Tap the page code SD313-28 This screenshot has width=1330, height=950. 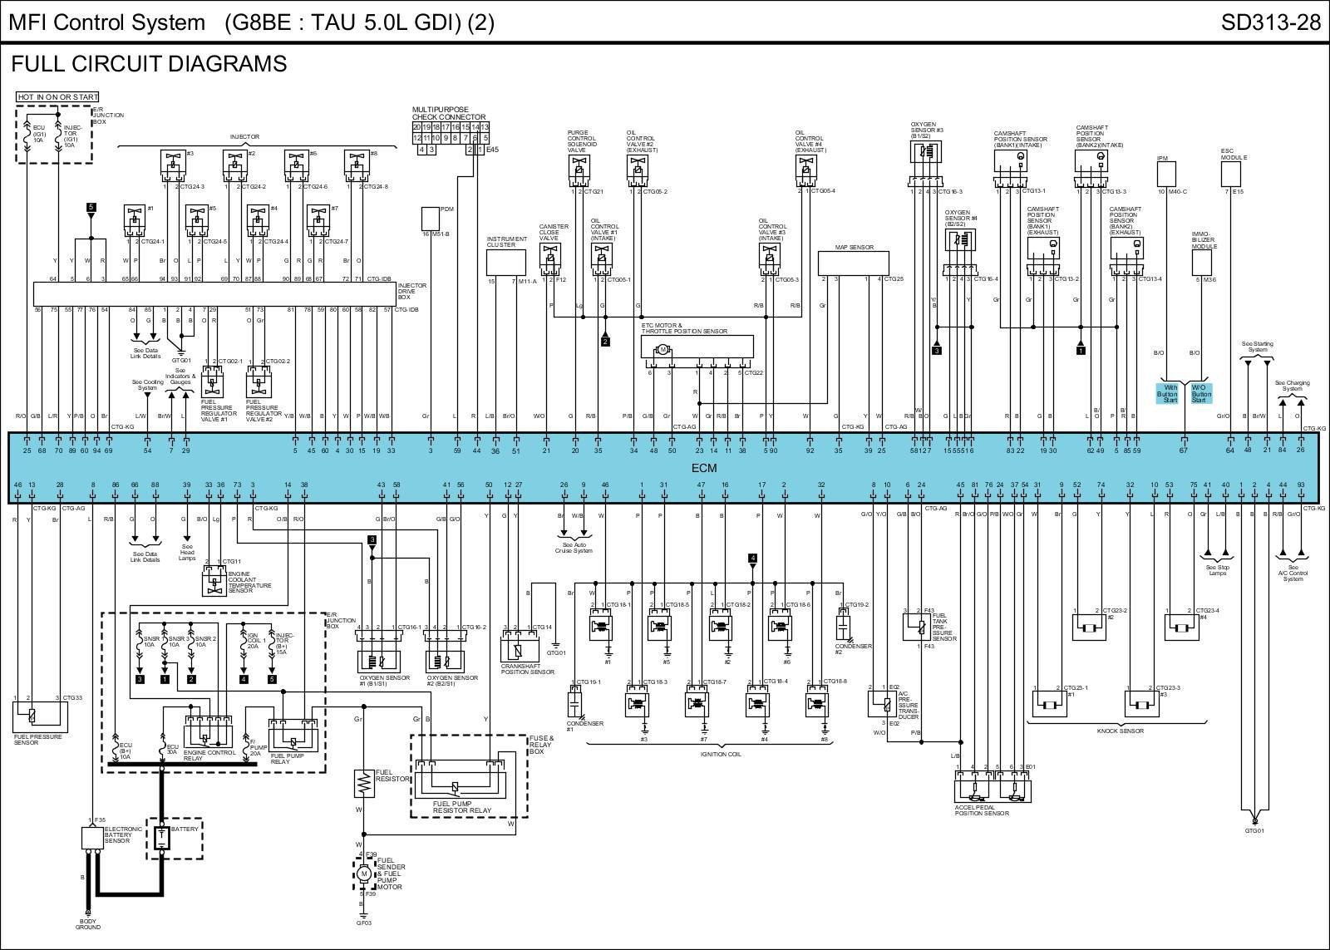click(1270, 22)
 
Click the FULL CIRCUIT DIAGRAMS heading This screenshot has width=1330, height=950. click(149, 64)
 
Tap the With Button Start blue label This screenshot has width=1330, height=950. click(1170, 393)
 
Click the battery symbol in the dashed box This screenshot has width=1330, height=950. click(162, 838)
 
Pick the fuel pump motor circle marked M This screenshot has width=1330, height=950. click(363, 874)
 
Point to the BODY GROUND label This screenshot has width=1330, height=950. click(88, 923)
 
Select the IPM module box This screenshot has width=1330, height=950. click(1166, 173)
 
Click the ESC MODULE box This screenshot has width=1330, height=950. click(1230, 174)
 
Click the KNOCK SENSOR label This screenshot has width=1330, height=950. click(1120, 731)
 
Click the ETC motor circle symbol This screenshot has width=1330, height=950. click(663, 349)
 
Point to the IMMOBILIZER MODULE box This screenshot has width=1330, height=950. click(1201, 263)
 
